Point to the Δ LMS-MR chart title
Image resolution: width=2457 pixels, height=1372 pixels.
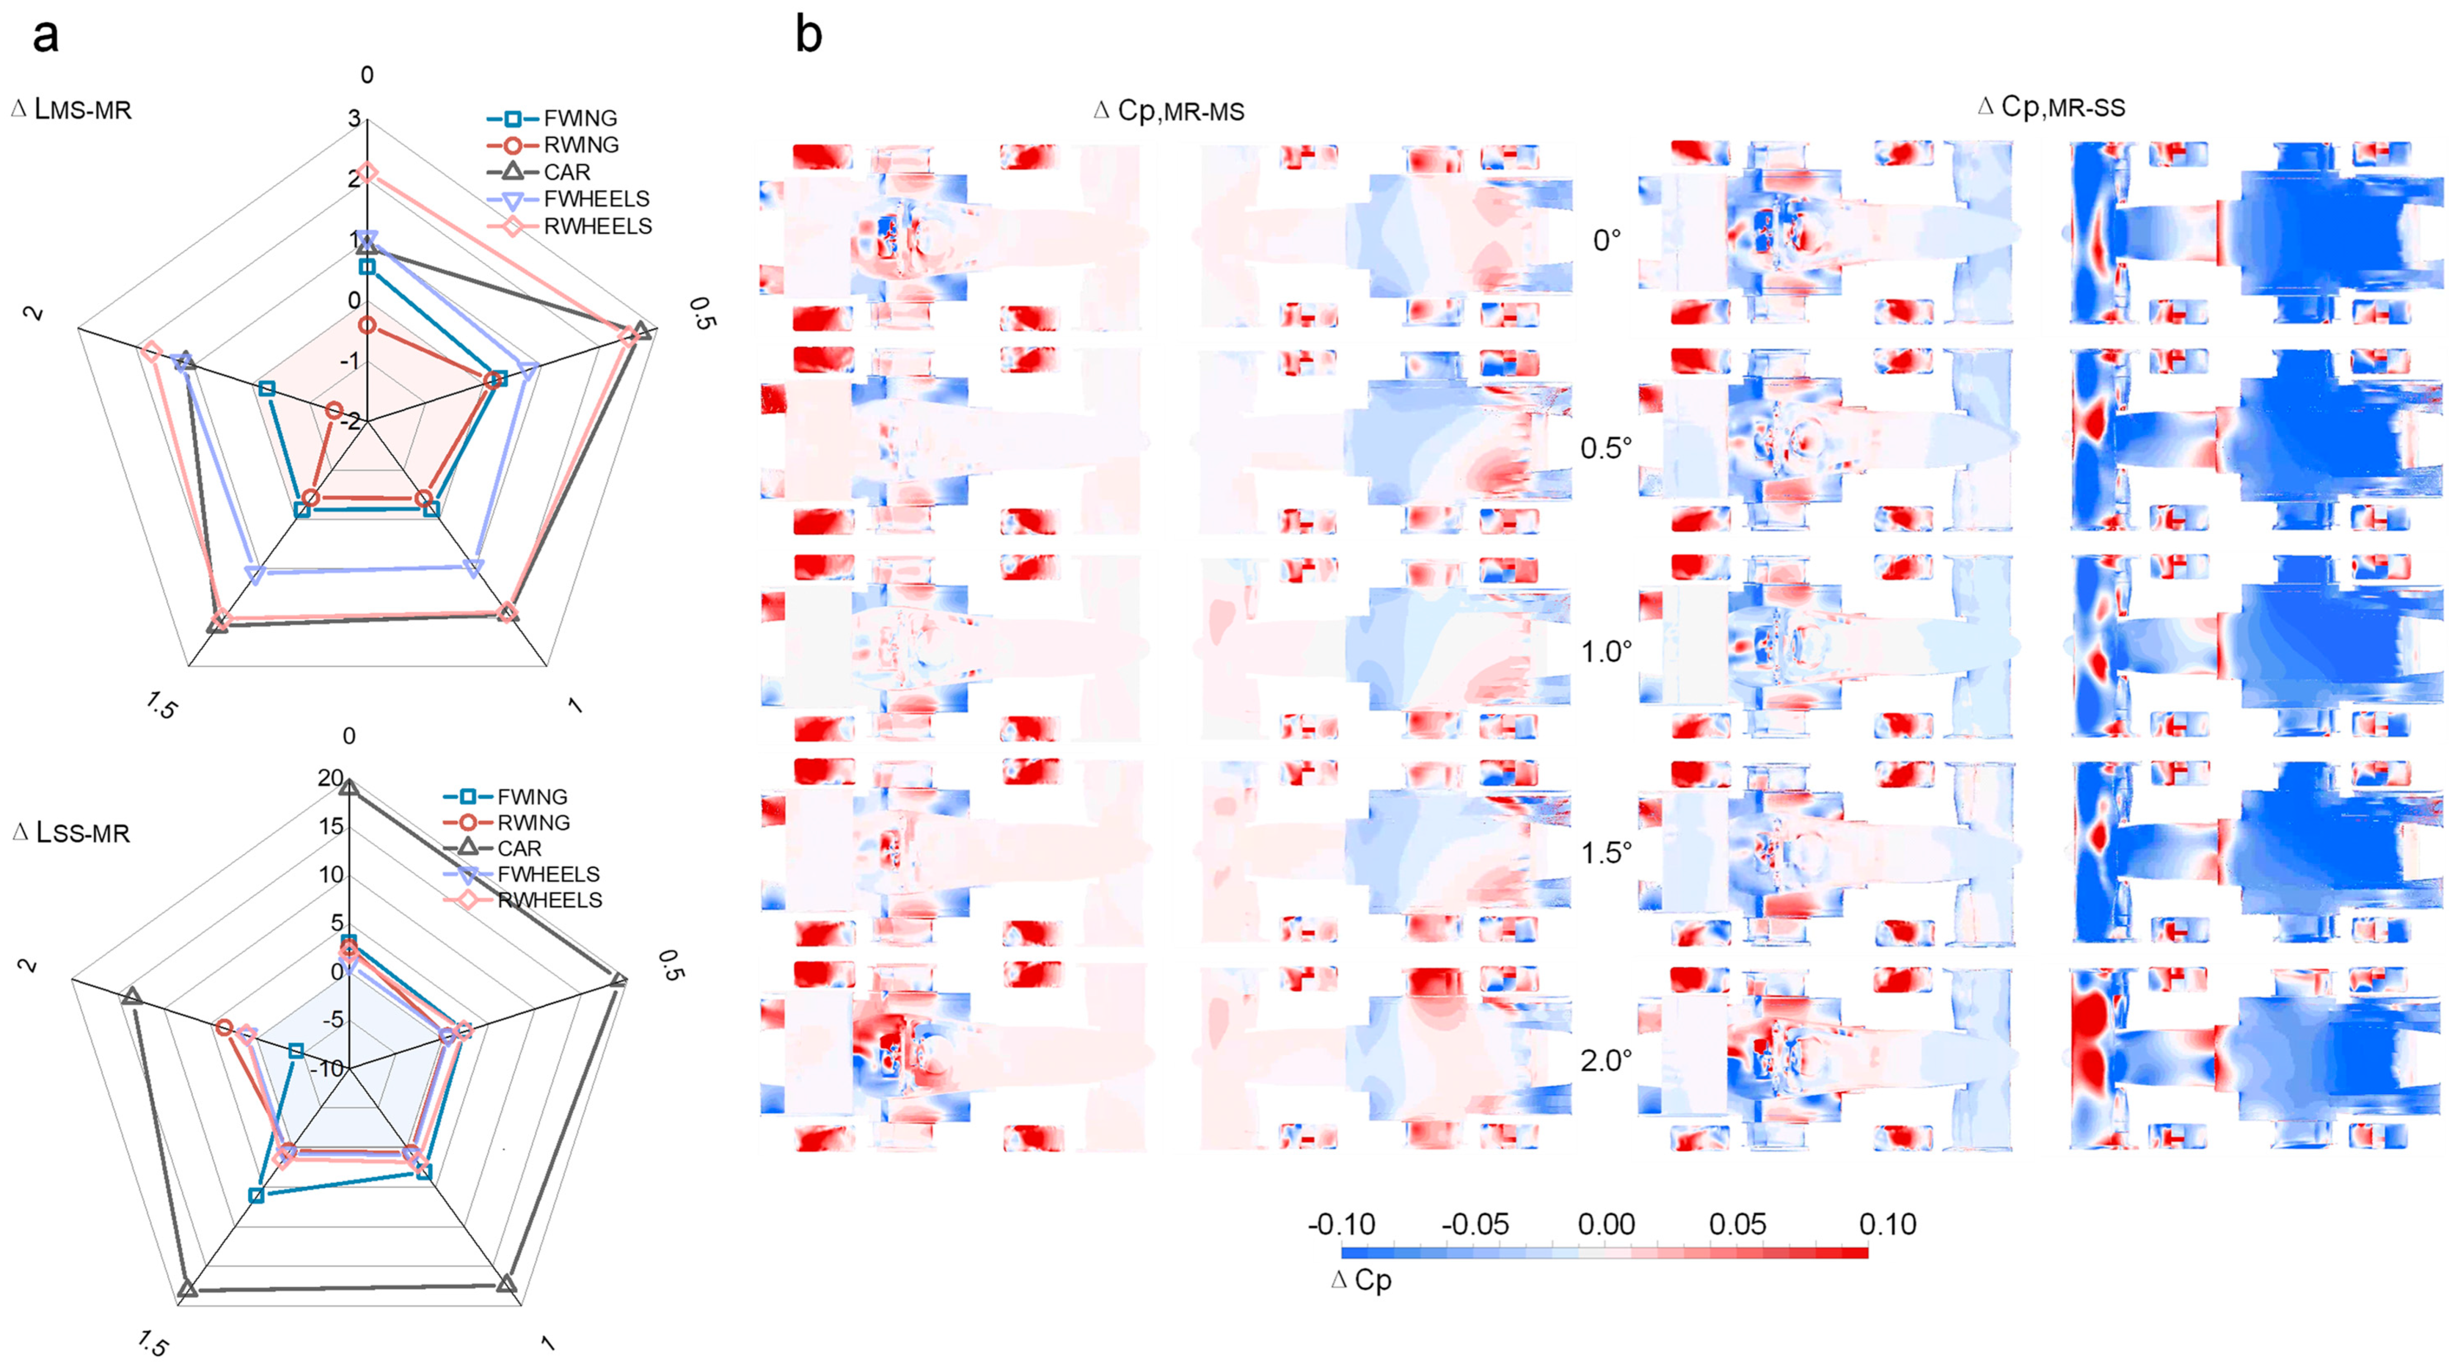71,110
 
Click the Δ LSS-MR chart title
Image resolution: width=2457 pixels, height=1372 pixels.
71,832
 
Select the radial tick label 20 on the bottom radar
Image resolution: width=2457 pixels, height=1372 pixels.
330,778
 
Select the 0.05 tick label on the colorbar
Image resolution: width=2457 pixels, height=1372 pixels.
1737,1224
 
